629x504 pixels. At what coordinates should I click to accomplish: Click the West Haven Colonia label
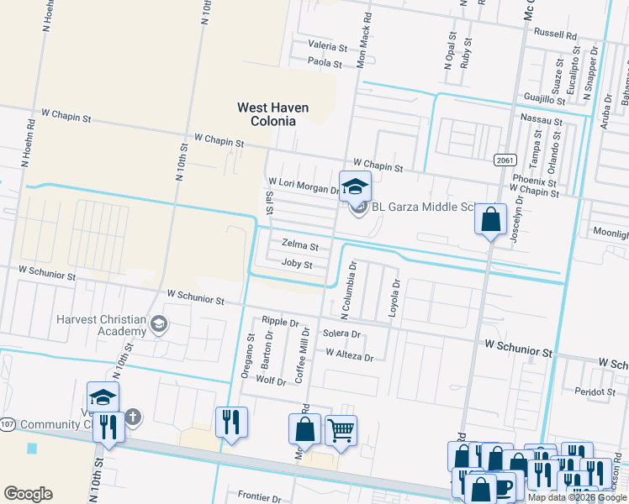272,114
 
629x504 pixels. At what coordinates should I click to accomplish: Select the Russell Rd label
555,35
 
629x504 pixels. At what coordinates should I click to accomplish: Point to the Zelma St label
300,246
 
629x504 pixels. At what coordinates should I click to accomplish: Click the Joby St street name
297,265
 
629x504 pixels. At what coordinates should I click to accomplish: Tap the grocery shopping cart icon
341,431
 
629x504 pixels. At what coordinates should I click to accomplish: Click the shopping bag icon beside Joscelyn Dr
490,220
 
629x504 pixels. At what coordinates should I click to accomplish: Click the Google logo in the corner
28,493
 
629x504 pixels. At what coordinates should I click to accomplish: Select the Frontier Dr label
258,496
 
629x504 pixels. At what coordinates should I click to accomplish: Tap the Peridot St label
595,391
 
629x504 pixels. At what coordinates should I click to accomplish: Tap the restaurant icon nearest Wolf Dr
230,422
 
